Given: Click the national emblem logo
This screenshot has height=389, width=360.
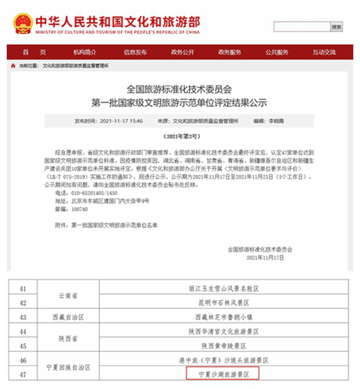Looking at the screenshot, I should [x=22, y=23].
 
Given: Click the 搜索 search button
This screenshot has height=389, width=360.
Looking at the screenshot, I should [x=337, y=27].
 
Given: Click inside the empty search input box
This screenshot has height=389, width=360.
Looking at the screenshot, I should [x=301, y=27].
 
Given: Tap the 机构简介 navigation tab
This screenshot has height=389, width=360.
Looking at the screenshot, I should [x=85, y=52].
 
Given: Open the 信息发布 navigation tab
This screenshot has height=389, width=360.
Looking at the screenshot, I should [x=135, y=52].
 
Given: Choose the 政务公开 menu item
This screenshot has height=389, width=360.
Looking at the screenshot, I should [x=183, y=52].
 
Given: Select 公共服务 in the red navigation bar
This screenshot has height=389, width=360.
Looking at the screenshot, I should [x=277, y=52].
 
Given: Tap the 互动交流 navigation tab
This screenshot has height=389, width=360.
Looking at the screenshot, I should [x=324, y=52].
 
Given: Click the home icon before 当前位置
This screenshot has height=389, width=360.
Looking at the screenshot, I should [x=13, y=66].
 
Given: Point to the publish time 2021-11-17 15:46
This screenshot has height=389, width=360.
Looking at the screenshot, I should [x=121, y=121].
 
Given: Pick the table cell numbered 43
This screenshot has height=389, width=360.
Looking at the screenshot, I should [x=22, y=317].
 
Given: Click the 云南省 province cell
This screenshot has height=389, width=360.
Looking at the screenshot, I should [x=68, y=295].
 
